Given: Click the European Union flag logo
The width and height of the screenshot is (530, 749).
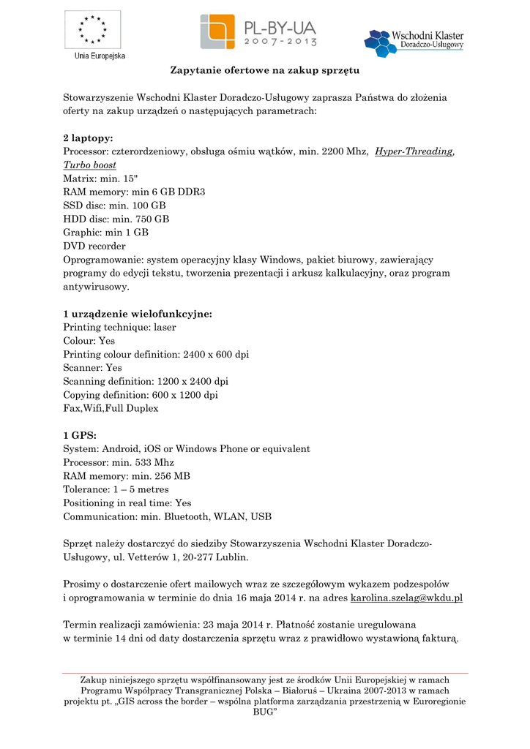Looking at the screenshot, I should pos(92,29).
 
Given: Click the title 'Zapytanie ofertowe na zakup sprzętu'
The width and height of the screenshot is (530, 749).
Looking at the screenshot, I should pos(264,72).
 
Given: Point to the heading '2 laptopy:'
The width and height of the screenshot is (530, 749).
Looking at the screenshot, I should pos(88,138).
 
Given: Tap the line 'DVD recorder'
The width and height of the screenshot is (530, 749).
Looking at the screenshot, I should pos(94,246).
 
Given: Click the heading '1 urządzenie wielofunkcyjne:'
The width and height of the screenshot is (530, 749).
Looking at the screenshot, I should pos(138,314).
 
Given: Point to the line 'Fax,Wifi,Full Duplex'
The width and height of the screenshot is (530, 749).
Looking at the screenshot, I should pos(111,408).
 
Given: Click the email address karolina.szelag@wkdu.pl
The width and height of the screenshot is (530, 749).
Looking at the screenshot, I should pos(406,598).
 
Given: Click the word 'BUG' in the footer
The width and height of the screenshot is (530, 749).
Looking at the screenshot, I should pos(264,712).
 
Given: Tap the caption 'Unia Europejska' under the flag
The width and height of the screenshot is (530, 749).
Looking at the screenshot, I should pos(100,56).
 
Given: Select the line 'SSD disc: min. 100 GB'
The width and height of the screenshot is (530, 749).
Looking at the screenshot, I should pos(114,206).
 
